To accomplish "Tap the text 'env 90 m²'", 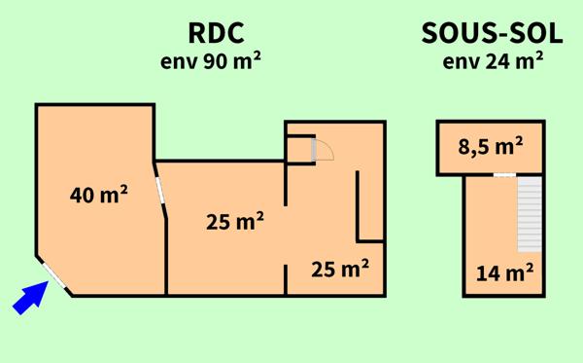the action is coord(213,61).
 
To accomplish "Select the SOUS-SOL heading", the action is coord(493,33).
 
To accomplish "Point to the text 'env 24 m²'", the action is coord(493,61).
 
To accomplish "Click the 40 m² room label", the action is coord(100,195).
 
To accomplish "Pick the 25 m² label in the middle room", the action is coord(236,222).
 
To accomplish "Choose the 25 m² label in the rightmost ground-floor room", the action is coord(340,268).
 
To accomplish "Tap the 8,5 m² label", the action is coord(492,147).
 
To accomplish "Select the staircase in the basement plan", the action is coord(528,212).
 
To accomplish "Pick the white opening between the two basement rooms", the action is coord(503,175).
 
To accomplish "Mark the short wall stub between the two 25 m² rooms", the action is coord(287,280).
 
